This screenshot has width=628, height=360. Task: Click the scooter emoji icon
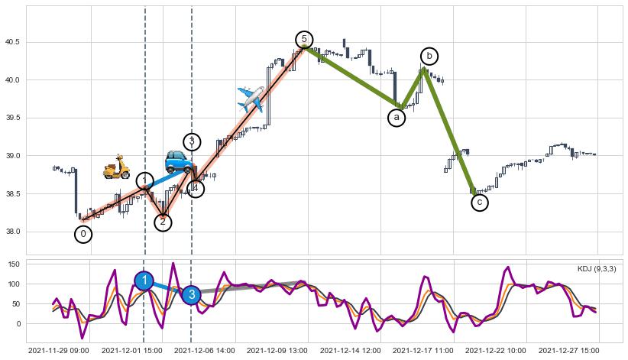[117, 167]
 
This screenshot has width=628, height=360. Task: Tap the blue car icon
[179, 161]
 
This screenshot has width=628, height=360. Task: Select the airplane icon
[251, 99]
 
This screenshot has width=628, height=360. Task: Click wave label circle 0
[84, 234]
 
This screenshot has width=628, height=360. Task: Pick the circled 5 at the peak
[304, 40]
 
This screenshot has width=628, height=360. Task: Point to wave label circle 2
[163, 222]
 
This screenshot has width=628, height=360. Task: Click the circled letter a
[396, 118]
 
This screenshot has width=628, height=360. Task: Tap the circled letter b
[429, 56]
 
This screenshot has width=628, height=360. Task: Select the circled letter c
[479, 203]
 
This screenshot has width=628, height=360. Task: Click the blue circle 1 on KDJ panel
[144, 281]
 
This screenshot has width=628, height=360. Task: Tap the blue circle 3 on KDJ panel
[192, 294]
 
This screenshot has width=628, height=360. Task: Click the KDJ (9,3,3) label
[597, 269]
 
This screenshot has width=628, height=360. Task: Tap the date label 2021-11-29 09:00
[58, 351]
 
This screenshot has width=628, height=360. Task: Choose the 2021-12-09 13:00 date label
[277, 351]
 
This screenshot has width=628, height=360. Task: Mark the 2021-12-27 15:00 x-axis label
[568, 351]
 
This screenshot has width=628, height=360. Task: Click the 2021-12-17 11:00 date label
[422, 351]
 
